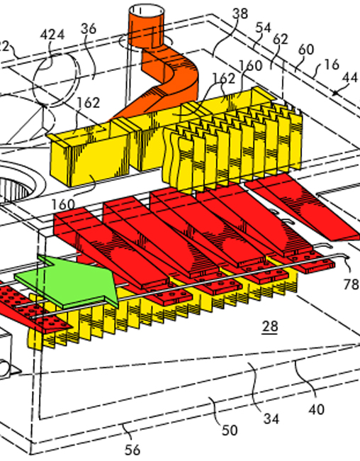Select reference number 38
[240, 13]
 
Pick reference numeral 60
[306, 50]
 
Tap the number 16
[331, 65]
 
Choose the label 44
[350, 77]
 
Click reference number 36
[89, 28]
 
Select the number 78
[351, 284]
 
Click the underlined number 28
[269, 327]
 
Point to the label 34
[270, 418]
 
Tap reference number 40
[315, 409]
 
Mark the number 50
[230, 430]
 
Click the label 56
[133, 450]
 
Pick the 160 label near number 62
[249, 65]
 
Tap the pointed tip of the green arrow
[116, 288]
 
